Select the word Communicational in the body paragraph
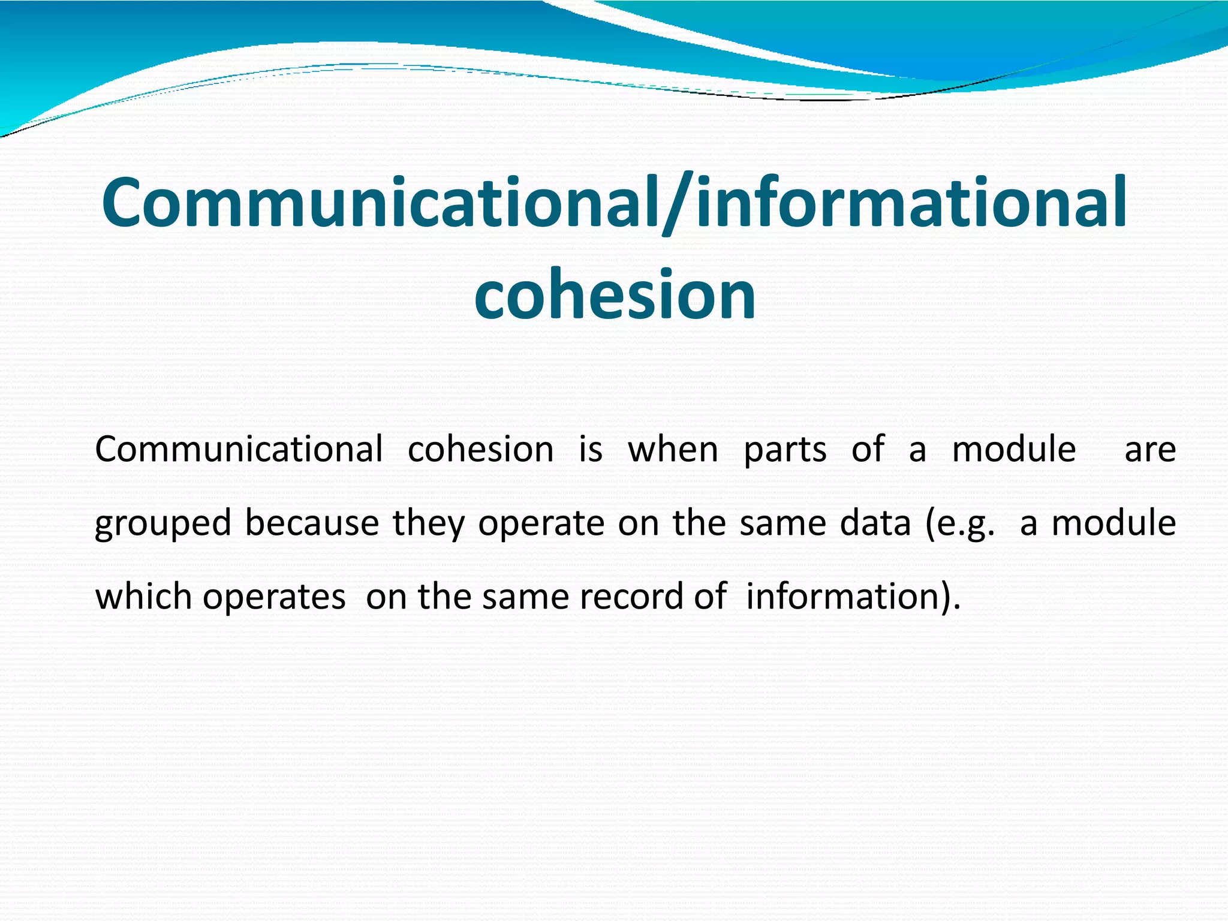[239, 449]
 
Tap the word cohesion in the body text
[480, 449]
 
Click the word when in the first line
[673, 449]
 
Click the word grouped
[163, 524]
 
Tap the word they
[428, 524]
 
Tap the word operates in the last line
[274, 598]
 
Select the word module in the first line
[1014, 449]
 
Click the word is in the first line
[590, 449]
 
